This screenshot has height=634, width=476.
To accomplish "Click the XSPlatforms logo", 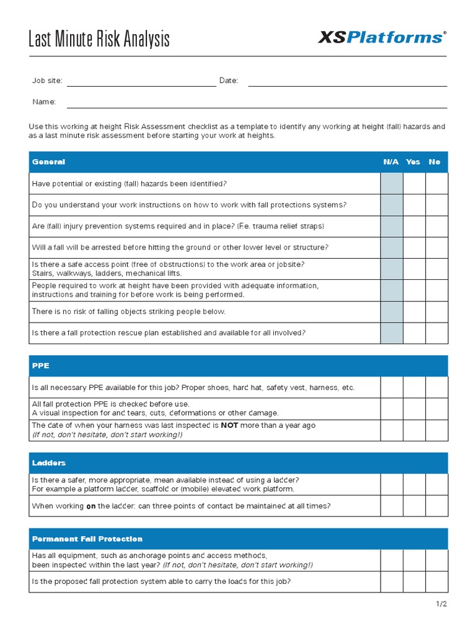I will pos(381,38).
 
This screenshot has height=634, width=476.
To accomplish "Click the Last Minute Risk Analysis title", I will pos(99,40).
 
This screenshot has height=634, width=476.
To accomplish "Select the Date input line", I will pos(347,85).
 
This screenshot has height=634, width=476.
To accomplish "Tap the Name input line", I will pos(257,106).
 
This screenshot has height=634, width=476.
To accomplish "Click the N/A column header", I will pos(391,162).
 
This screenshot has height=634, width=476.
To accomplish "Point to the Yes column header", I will pos(413,162).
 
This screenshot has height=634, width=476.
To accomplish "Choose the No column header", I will pos(434,162).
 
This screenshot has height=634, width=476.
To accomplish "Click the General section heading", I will pos(48,162).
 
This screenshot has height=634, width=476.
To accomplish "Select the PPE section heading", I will pos(40,366).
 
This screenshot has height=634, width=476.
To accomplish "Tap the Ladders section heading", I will pos(49,463).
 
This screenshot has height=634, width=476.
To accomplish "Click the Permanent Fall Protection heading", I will pos(87,539).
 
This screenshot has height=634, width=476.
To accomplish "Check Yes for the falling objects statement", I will pos(414,312).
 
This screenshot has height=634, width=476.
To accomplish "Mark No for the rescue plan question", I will pos(436,333).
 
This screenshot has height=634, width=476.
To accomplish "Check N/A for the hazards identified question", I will pos(392,184).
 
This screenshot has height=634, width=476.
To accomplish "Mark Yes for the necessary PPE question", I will pos(414,388).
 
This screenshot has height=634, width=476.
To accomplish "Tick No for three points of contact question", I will pos(436,506).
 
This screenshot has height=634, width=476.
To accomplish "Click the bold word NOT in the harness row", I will pos(229,425).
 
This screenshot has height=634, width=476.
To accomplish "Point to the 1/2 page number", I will pos(441,604).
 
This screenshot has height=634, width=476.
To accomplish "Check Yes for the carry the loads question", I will pos(414,581).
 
